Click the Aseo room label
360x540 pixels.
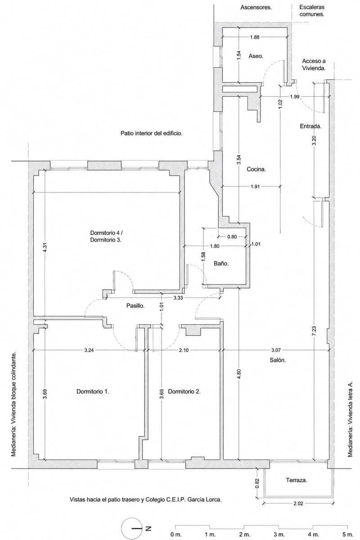256,56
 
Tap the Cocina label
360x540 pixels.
256,169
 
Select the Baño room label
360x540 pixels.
221,264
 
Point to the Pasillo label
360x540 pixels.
135,306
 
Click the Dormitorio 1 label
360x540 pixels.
93,391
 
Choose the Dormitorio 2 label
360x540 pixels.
184,391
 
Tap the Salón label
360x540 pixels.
278,360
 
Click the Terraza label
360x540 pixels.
297,480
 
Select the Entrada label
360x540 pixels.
310,126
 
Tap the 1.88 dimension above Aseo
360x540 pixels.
255,37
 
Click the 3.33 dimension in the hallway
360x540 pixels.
178,298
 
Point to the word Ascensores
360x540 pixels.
256,8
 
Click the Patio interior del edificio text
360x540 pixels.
151,133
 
